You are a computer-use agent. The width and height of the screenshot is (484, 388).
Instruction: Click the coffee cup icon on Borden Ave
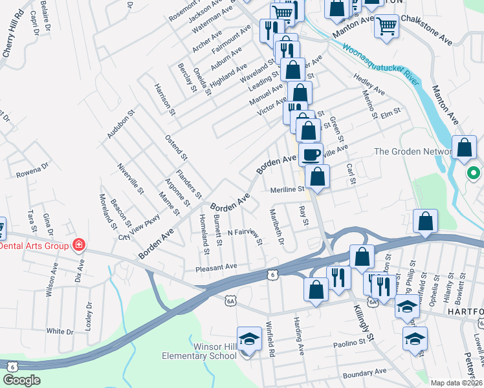pos(310,154)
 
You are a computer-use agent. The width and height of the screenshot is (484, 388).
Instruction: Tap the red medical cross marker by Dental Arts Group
pos(78,245)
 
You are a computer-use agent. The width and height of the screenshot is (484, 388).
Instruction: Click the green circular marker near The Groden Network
pos(473,173)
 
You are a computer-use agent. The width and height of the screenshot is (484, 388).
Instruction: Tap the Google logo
pos(21,380)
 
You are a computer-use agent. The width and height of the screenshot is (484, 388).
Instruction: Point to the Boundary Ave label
pos(364,373)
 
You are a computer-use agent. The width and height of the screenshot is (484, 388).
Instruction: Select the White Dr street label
pos(60,331)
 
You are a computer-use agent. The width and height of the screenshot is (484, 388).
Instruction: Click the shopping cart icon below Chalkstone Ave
pos(386,27)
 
